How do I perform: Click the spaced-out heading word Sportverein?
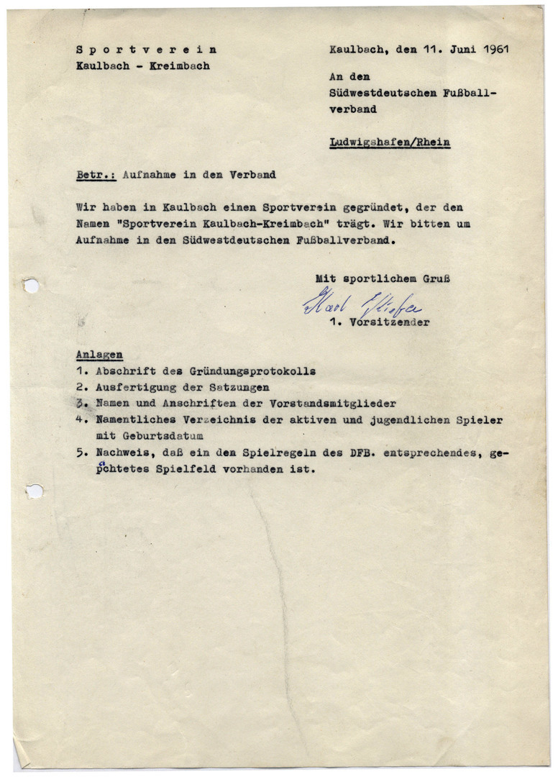click(146, 50)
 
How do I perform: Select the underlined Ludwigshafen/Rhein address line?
click(390, 142)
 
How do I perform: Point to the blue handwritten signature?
click(362, 306)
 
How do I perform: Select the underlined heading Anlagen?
click(99, 355)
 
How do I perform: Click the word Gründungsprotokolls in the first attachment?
click(252, 371)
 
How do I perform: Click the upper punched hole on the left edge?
click(31, 286)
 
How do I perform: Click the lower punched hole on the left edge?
click(34, 491)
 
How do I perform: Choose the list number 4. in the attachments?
click(81, 419)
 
